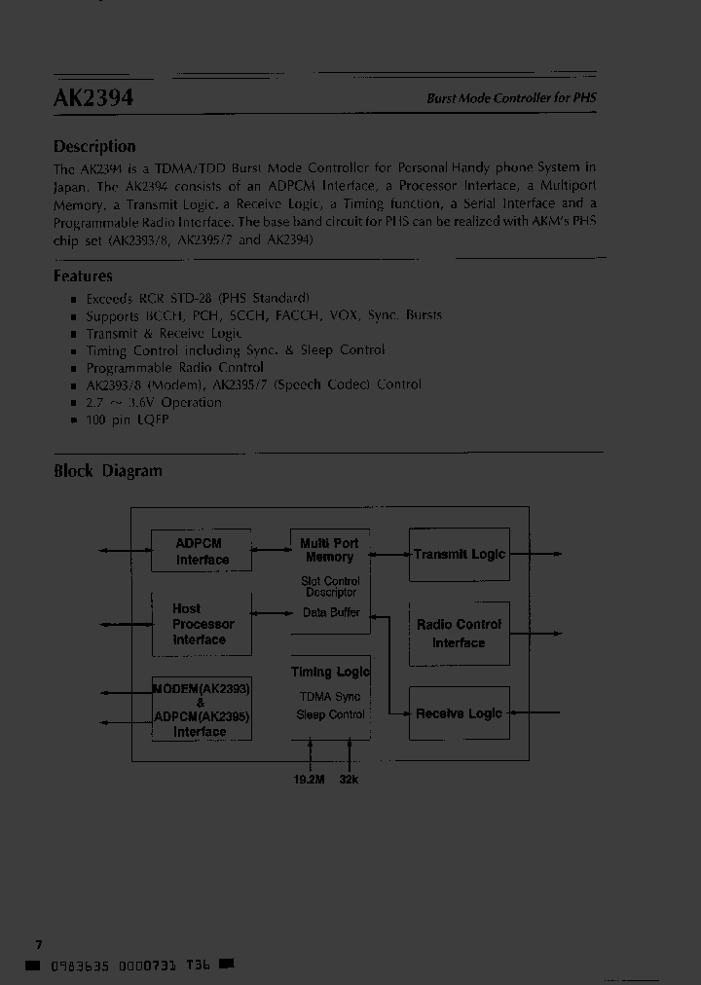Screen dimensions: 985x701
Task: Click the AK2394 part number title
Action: tap(93, 97)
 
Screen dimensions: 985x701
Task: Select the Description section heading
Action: tap(94, 146)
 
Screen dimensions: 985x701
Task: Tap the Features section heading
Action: tap(83, 275)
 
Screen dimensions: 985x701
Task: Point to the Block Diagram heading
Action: tap(107, 471)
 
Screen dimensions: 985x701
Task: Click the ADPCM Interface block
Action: tap(202, 551)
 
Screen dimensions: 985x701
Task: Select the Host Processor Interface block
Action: tap(202, 624)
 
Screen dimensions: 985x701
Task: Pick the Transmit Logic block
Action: tap(459, 554)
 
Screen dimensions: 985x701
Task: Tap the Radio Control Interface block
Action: tap(459, 634)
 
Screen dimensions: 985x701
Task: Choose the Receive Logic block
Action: tap(459, 713)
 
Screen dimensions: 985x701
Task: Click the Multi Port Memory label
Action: tap(329, 550)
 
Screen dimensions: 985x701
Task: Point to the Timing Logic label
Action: tap(330, 672)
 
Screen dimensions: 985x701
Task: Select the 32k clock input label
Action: tap(349, 780)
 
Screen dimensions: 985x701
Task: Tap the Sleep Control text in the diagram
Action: tap(330, 714)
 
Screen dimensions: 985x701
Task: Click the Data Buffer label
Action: tap(331, 612)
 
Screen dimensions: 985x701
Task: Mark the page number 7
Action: tap(38, 944)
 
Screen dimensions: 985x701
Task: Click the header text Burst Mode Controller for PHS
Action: tap(512, 98)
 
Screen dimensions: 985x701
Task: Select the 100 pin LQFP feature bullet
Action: tap(127, 420)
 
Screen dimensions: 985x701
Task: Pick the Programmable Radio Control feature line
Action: tap(174, 367)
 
